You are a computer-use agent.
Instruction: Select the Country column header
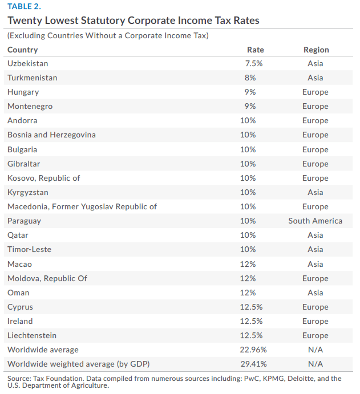23,50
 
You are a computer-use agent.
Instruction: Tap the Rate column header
255,50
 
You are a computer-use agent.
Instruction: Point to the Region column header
315,50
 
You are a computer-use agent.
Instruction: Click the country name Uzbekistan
27,63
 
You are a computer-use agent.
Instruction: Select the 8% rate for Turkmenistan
250,78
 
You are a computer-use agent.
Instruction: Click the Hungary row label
23,92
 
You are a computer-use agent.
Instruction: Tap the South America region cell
315,221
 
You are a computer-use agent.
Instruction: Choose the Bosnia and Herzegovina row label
51,135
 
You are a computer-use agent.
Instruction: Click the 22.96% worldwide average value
253,350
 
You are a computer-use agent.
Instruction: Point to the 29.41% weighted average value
253,364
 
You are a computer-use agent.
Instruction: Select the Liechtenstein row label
32,335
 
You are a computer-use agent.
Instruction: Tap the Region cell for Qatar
315,235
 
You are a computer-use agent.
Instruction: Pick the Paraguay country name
24,221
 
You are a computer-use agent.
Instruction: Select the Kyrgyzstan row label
28,192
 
